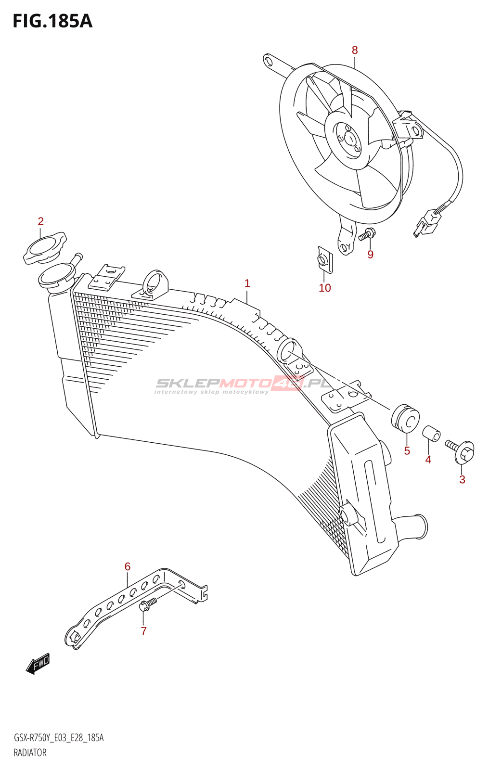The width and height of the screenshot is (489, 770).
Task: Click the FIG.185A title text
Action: click(x=52, y=21)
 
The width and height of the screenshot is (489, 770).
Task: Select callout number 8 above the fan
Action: click(x=355, y=50)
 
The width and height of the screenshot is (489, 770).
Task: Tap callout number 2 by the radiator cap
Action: click(x=40, y=221)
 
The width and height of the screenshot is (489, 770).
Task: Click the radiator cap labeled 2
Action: click(x=45, y=247)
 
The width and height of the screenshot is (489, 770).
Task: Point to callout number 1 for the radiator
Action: click(x=247, y=283)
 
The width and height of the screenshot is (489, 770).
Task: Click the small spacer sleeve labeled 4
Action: click(x=431, y=434)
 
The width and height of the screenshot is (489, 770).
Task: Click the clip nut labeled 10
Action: click(x=324, y=259)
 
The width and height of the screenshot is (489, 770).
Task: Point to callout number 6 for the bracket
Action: click(x=127, y=566)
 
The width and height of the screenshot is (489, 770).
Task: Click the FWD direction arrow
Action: click(x=38, y=663)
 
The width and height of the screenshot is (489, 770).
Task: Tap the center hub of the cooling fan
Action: click(x=350, y=139)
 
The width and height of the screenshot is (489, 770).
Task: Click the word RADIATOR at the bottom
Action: click(x=30, y=753)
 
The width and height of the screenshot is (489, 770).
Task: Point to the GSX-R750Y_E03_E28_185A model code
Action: click(x=58, y=738)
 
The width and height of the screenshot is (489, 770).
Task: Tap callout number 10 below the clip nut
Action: click(x=324, y=288)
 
